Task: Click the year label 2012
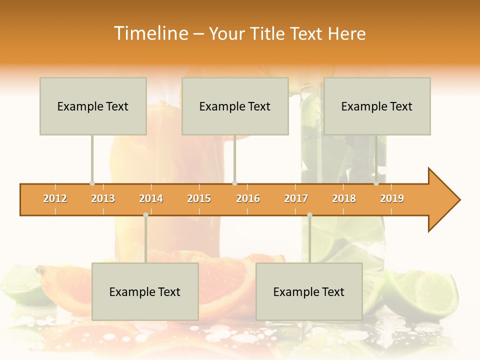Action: click(55, 198)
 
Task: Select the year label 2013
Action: click(103, 198)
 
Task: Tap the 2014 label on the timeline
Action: click(151, 198)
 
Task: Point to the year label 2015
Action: click(199, 198)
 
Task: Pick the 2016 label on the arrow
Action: click(248, 198)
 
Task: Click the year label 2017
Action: click(296, 198)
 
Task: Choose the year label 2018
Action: click(344, 198)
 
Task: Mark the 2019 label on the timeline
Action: click(392, 198)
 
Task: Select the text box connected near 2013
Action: click(93, 106)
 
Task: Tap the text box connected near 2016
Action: click(235, 106)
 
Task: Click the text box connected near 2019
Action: click(377, 106)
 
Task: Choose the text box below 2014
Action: click(145, 291)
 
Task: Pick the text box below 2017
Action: click(309, 291)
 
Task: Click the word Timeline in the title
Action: click(150, 33)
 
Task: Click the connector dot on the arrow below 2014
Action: click(145, 214)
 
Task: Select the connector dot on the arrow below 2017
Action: click(309, 214)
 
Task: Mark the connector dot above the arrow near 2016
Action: click(234, 183)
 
